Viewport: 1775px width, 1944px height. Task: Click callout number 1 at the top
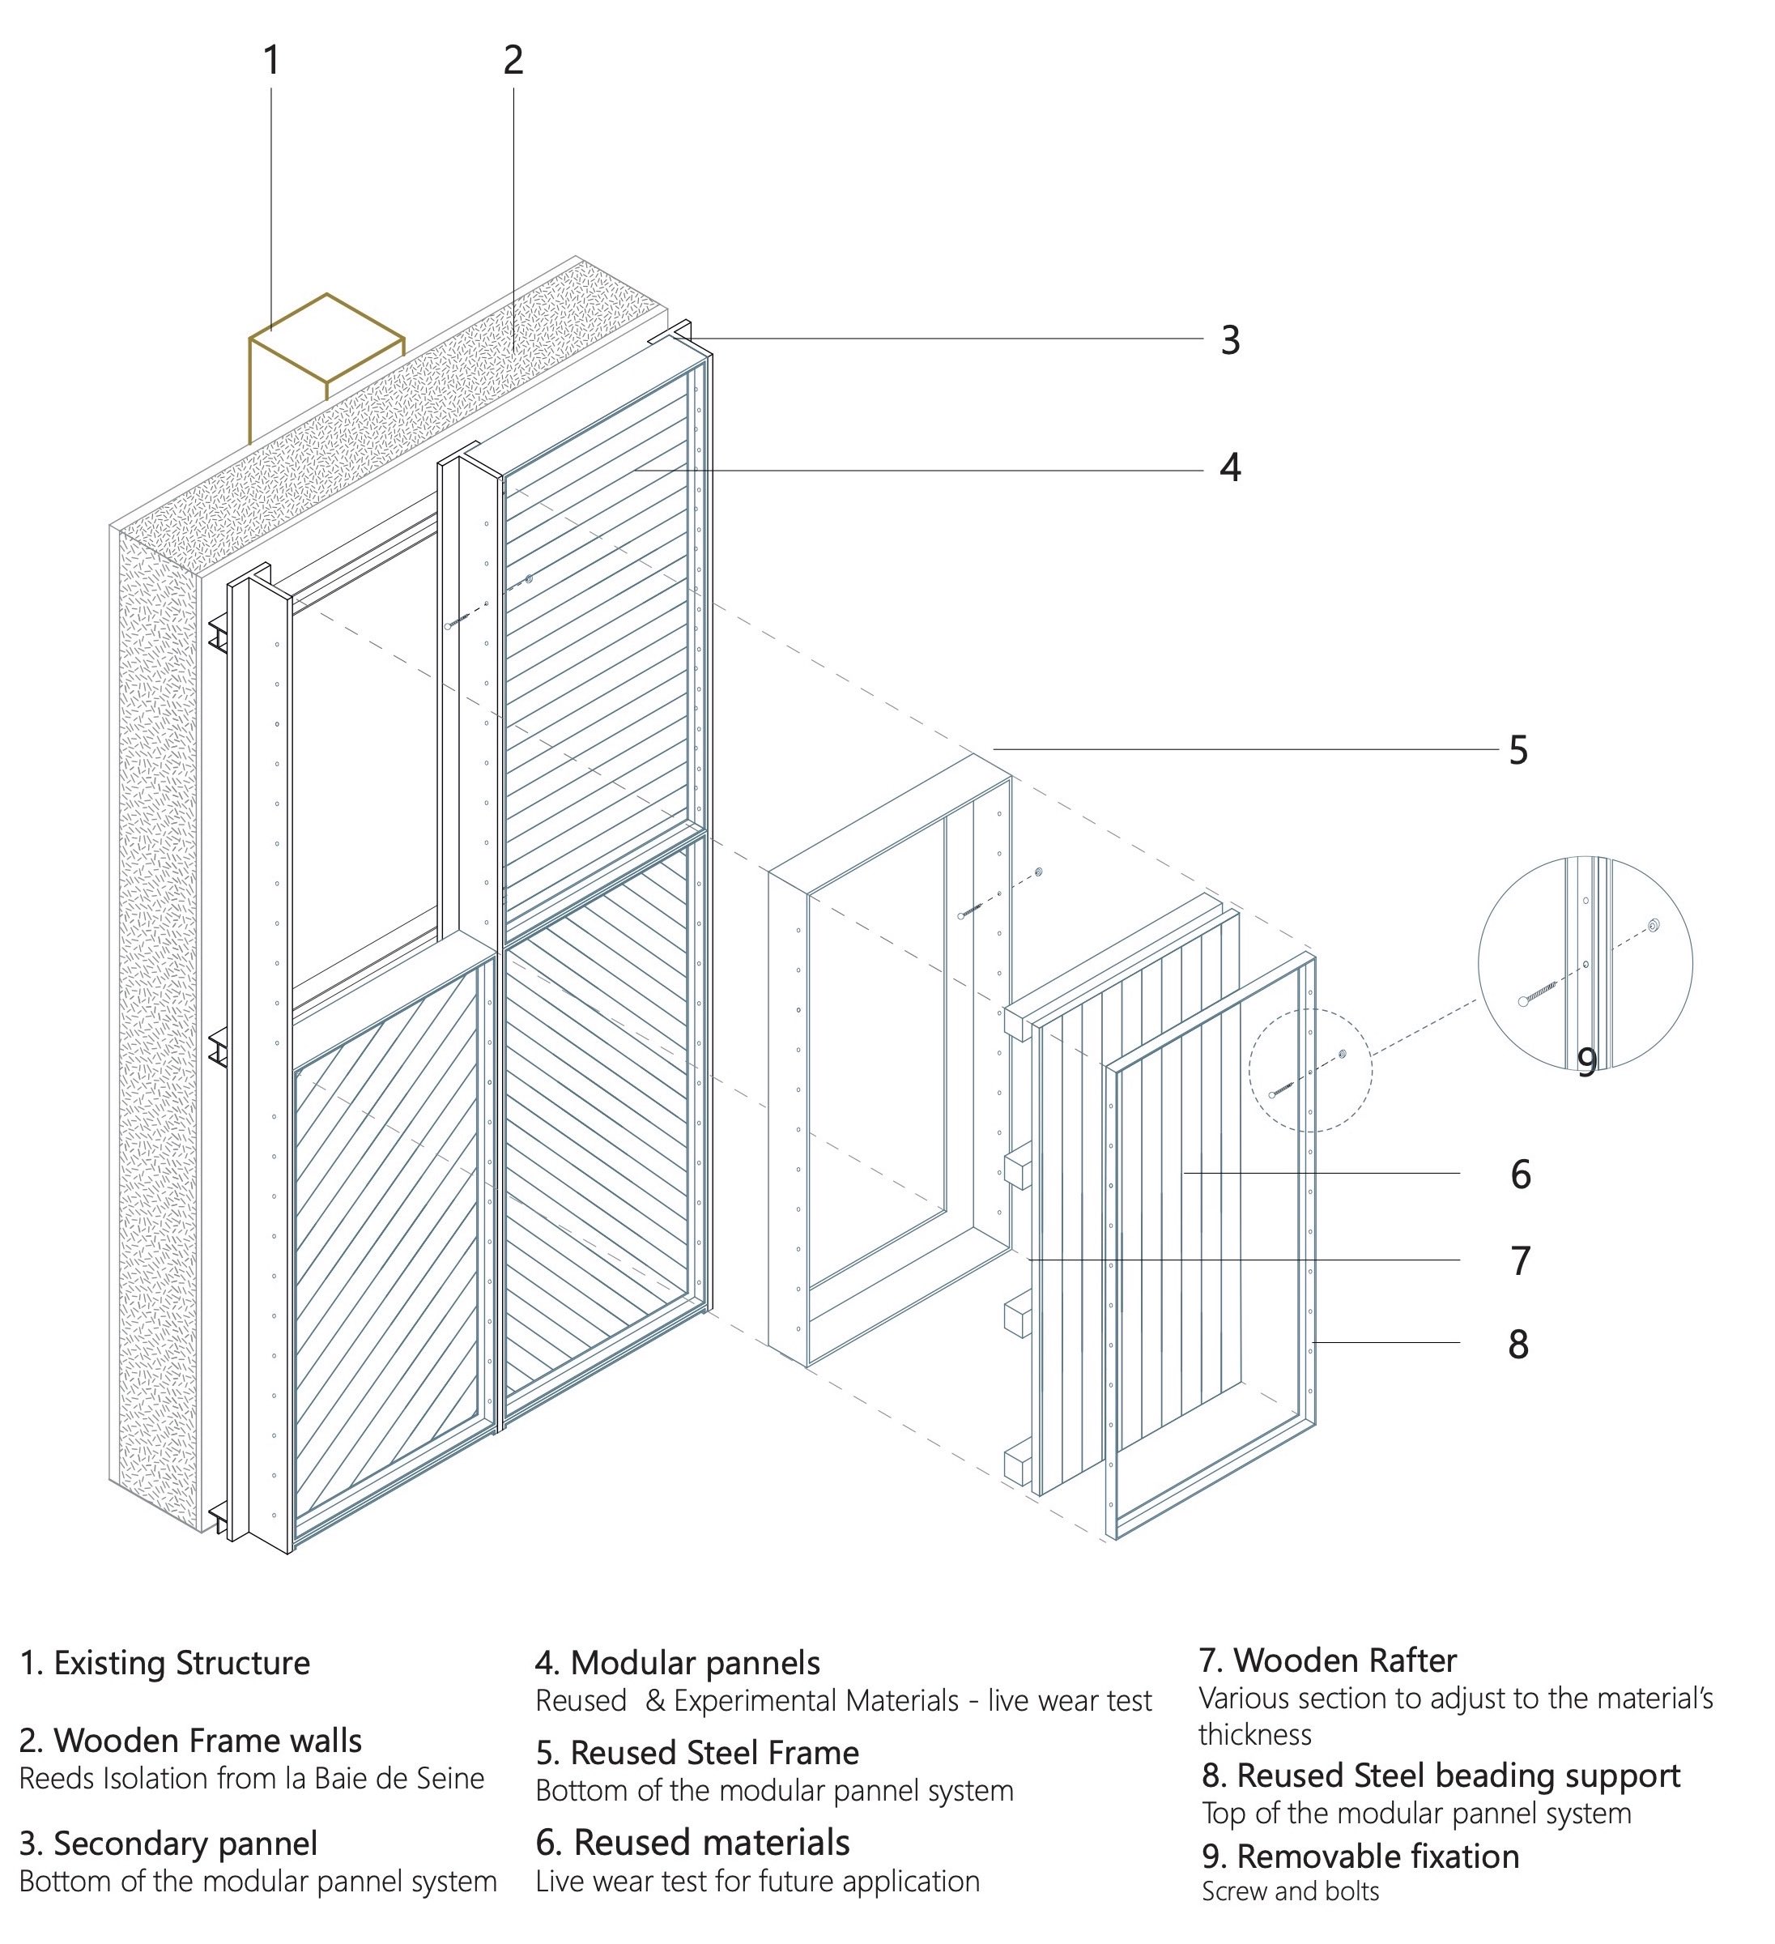point(271,61)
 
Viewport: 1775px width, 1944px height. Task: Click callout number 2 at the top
point(513,61)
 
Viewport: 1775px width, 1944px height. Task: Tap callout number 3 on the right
point(1230,340)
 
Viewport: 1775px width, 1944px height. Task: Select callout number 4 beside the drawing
point(1229,467)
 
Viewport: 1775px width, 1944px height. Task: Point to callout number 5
point(1518,750)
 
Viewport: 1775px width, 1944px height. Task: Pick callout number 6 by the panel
point(1521,1174)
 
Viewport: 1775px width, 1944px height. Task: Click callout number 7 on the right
point(1521,1261)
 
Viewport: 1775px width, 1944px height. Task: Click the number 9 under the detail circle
point(1587,1062)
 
